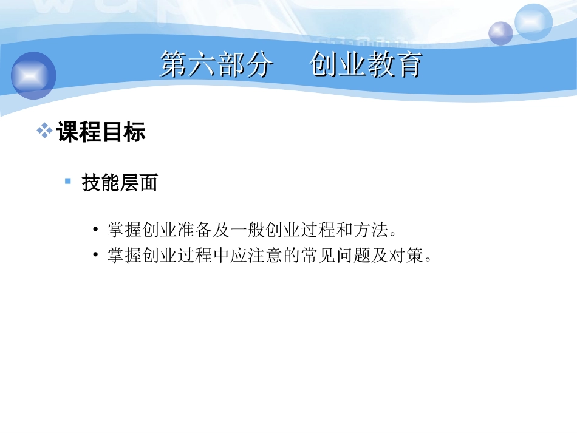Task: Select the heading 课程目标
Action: coord(101,132)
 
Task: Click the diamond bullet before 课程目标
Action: coord(44,131)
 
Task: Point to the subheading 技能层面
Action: coord(120,183)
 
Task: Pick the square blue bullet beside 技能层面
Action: coord(68,181)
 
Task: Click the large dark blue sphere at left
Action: coord(33,75)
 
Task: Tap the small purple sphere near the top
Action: coord(500,33)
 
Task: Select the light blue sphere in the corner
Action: coord(533,22)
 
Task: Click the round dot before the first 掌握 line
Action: coord(96,231)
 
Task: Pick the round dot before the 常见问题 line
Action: coord(96,256)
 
